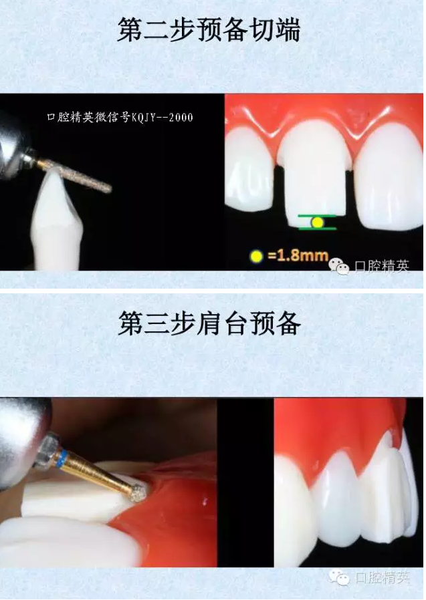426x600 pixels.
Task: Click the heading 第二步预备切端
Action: click(209, 29)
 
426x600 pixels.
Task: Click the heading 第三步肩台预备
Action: click(209, 323)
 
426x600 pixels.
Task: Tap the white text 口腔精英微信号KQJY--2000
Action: click(120, 117)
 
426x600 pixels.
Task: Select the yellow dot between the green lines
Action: click(317, 222)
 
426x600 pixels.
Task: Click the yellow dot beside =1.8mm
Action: click(256, 256)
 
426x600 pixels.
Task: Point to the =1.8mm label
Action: click(298, 255)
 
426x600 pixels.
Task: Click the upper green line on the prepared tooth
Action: click(317, 216)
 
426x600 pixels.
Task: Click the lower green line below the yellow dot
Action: click(318, 229)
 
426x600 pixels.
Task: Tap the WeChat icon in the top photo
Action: click(338, 265)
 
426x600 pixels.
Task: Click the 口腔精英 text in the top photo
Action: click(382, 265)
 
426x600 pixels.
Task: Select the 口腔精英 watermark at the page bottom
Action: click(382, 577)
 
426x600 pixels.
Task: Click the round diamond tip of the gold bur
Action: click(138, 494)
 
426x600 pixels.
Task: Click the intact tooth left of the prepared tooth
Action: click(249, 170)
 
